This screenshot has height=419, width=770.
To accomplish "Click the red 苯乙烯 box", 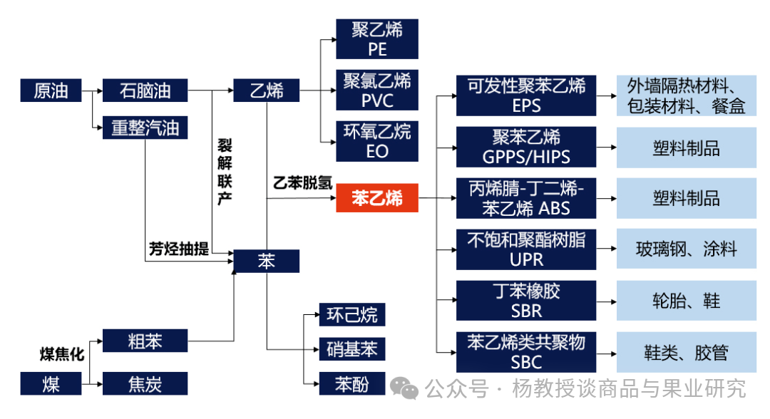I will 377,199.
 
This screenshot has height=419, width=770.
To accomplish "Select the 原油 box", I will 51,90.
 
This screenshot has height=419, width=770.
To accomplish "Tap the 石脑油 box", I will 145,90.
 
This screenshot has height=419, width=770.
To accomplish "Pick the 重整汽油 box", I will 145,128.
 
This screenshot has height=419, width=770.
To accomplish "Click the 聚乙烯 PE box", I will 377,39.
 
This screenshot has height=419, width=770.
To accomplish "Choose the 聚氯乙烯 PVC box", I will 377,90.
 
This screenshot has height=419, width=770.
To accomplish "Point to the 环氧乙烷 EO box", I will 377,141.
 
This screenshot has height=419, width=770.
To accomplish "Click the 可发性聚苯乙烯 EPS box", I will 526,95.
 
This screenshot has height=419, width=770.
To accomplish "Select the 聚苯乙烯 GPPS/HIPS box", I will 526,147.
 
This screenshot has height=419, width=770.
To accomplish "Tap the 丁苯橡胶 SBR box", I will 526,300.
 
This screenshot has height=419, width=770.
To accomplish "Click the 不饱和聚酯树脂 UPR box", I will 526,249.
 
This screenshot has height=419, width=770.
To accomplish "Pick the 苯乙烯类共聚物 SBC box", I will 526,351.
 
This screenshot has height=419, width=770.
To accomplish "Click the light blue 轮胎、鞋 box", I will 686,300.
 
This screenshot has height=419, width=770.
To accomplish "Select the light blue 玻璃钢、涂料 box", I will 686,249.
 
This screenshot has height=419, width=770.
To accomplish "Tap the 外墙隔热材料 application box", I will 686,95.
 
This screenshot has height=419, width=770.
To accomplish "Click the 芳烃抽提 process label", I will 179,249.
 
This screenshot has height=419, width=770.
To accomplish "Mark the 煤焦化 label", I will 62,353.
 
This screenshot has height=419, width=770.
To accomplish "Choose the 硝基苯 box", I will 351,348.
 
